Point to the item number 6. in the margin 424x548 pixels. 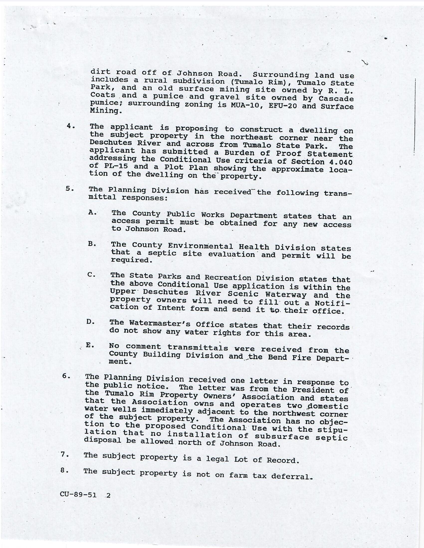66,376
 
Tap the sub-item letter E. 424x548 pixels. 90,345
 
